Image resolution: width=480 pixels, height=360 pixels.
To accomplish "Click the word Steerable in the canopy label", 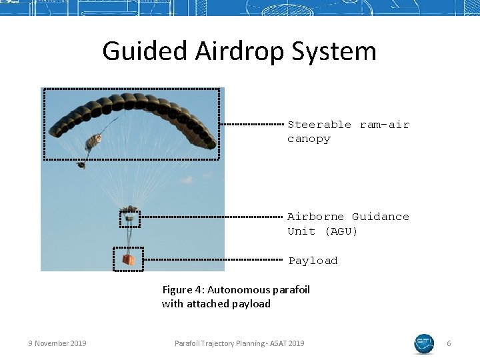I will tap(319, 125).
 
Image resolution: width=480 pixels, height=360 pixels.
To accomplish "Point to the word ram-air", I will tap(385, 125).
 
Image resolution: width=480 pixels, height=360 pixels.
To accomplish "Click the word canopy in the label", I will tap(309, 139).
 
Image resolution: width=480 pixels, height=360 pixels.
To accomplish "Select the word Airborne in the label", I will tap(316, 217).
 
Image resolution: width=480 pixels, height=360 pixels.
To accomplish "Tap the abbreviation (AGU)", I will tap(341, 231).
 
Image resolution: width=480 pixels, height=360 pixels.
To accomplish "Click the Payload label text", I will tap(313, 261).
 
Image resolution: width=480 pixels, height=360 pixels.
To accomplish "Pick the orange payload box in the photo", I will tap(128, 259).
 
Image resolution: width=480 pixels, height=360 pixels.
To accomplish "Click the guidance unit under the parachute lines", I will tap(130, 217).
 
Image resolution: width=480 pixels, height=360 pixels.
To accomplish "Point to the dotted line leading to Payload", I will tap(213, 259).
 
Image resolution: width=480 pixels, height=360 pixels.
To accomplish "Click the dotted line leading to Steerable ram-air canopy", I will tap(252, 124).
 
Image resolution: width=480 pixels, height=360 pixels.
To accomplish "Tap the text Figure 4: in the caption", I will tap(183, 289).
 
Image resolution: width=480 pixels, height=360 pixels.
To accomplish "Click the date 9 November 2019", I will tap(57, 343).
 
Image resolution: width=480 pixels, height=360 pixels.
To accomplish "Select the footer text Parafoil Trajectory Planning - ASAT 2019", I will tap(239, 343).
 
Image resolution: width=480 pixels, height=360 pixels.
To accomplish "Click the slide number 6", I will tap(449, 343).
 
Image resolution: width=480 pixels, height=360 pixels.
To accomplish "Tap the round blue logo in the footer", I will tap(424, 343).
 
